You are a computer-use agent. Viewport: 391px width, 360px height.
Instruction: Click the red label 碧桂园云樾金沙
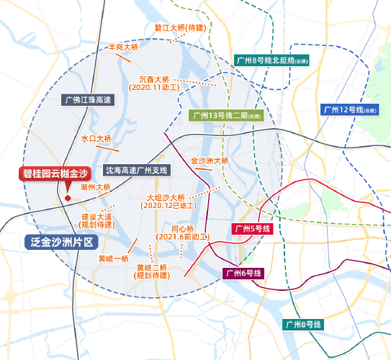click(54, 174)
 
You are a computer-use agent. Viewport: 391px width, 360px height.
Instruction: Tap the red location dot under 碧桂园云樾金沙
click(67, 198)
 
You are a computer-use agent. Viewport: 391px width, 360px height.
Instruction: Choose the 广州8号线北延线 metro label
click(271, 60)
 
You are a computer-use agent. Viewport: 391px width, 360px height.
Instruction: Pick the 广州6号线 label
click(243, 273)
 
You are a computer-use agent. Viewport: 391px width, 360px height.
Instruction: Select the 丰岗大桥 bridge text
click(123, 46)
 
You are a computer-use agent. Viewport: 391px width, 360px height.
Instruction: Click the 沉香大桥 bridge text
click(153, 78)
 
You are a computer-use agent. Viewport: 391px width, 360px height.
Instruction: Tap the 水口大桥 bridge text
click(96, 138)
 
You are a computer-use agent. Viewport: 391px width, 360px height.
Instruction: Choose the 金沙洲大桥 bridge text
click(209, 161)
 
